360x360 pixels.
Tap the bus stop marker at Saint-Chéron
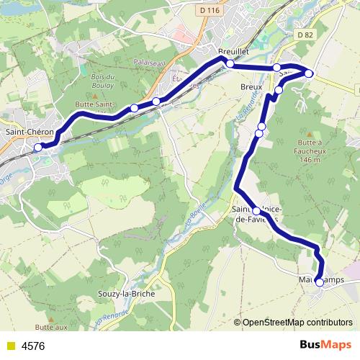tap(38, 148)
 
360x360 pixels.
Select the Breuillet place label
tap(233, 52)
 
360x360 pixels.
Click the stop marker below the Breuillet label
tap(230, 64)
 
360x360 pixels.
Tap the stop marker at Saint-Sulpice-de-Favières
tap(256, 211)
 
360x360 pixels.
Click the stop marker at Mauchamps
tap(319, 282)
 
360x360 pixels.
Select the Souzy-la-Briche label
tap(125, 294)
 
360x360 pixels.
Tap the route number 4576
tap(33, 346)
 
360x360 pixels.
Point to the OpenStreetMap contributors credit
tap(297, 322)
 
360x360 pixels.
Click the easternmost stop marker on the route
tap(309, 73)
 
